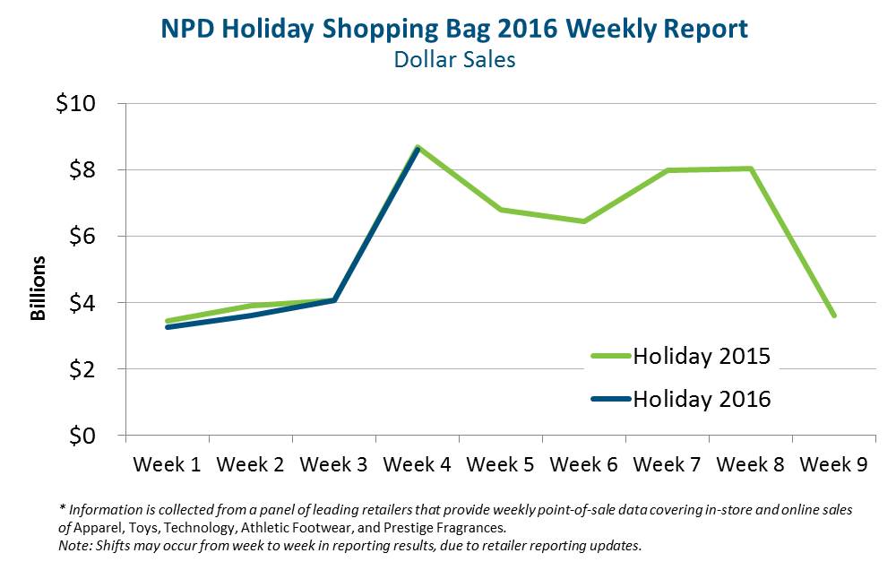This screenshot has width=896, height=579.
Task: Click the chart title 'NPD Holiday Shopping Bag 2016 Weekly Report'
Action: point(454,29)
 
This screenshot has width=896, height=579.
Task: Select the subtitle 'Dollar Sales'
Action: point(454,60)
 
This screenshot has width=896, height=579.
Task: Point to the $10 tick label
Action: point(78,103)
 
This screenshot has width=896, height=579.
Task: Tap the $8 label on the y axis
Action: point(83,169)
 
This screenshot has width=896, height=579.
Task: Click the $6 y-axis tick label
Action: point(83,236)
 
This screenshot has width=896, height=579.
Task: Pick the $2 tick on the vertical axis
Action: point(83,368)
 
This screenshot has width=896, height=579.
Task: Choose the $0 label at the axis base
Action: point(83,435)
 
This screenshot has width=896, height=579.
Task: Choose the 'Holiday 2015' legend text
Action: point(702,356)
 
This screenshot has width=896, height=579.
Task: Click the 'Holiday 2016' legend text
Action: point(702,399)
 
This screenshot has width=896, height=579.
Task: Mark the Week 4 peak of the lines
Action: point(418,147)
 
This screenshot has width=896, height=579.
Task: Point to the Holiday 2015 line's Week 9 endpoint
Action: point(834,315)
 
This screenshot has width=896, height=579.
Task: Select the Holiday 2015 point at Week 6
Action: point(584,221)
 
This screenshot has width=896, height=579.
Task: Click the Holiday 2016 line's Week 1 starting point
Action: point(168,327)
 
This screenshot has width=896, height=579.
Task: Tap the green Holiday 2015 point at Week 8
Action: point(751,169)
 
